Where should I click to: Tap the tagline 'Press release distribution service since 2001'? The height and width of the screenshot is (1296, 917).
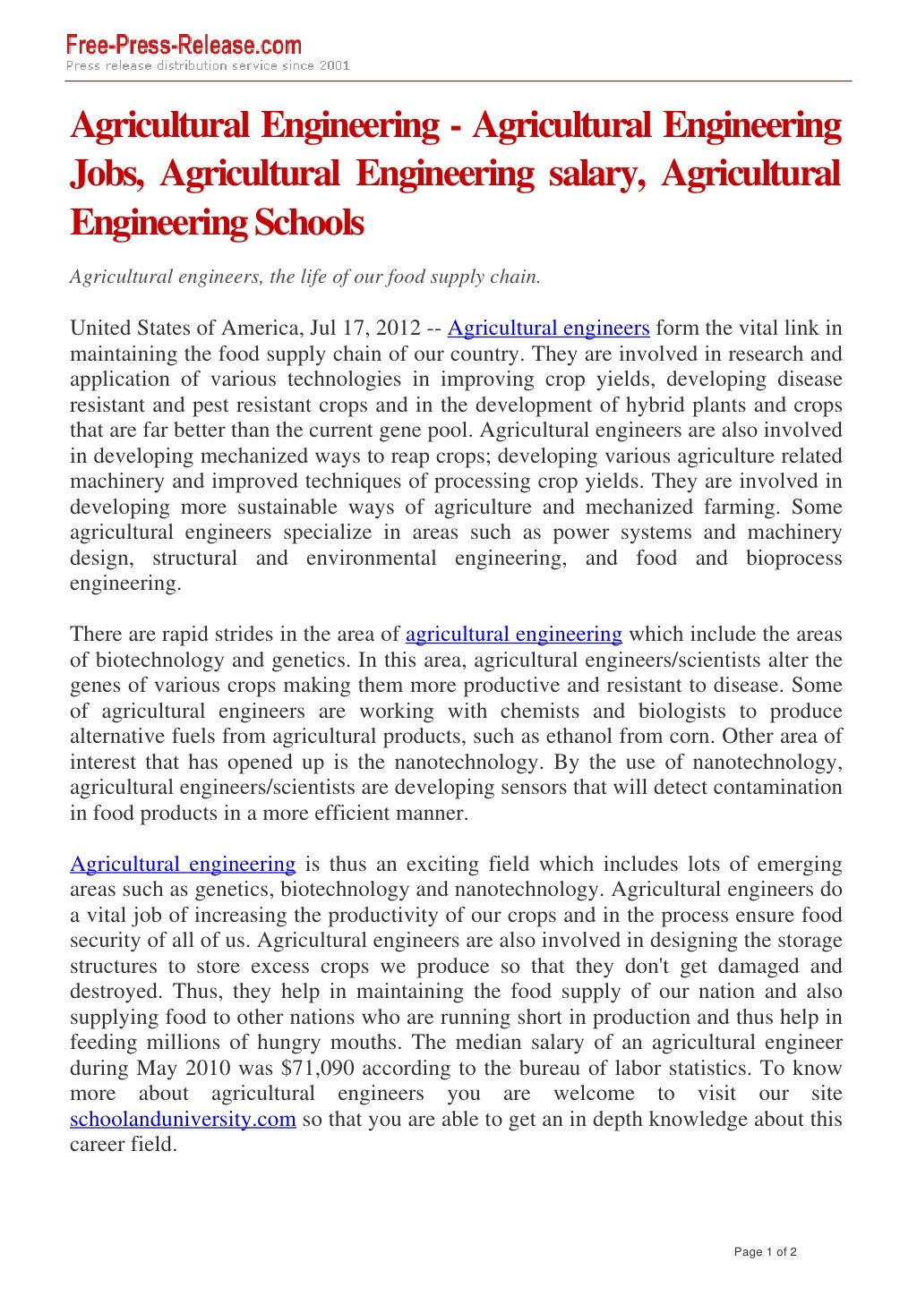(x=207, y=65)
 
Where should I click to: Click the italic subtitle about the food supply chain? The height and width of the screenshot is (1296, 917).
(x=304, y=277)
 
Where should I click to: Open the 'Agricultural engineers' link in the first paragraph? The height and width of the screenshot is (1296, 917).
(x=548, y=328)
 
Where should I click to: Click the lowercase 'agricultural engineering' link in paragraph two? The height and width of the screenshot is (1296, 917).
(x=513, y=635)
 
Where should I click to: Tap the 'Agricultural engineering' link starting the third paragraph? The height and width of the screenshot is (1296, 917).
(x=183, y=865)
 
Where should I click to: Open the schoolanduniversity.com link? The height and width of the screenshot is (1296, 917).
(x=183, y=1120)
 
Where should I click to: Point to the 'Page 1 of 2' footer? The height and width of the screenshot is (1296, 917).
(x=765, y=1252)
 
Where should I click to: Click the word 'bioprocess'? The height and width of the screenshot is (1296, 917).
(x=793, y=558)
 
